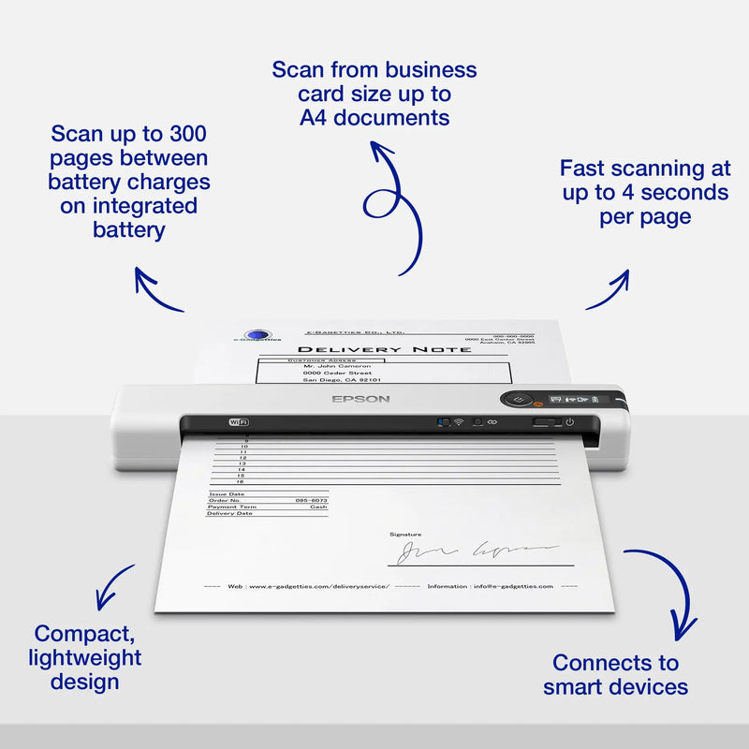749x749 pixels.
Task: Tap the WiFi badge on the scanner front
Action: coord(238,422)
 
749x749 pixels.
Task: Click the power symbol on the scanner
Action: coord(569,421)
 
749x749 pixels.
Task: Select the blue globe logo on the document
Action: coord(256,336)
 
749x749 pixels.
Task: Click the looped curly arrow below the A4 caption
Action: coord(389,201)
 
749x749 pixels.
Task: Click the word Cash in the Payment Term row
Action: coord(318,507)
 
